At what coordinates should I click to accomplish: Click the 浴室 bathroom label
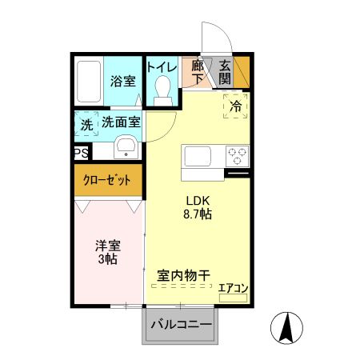122,82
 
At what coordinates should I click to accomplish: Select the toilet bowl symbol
163,89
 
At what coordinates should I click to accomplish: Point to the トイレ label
162,67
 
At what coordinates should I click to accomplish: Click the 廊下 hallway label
198,73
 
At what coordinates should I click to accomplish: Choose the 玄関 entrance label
225,73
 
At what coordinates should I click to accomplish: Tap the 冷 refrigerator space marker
235,105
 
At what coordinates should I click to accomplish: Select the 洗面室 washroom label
121,122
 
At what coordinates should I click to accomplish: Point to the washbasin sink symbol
126,148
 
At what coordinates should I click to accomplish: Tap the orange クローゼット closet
109,180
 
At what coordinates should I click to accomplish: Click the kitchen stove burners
237,154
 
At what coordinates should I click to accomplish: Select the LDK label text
198,200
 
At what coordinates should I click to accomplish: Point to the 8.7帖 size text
198,214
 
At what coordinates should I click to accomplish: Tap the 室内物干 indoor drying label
183,275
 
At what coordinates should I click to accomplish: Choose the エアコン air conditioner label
234,289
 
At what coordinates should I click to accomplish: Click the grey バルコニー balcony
181,326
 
